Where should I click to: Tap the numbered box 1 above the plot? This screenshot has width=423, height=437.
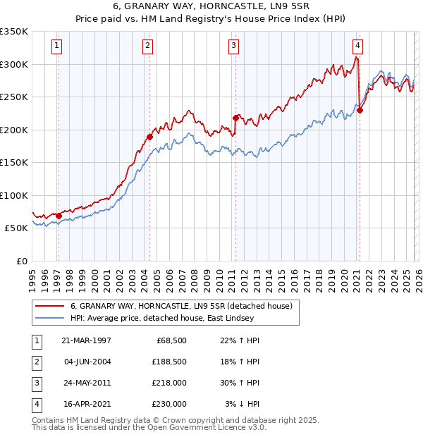pos(56,47)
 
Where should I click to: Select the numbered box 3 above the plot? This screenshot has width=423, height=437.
pos(233,47)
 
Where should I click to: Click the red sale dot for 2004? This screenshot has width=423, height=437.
pos(149,137)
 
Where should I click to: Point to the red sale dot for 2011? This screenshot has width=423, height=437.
pos(235,118)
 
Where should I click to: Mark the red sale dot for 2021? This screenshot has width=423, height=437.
pos(360,110)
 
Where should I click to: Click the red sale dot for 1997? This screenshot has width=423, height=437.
pos(59,216)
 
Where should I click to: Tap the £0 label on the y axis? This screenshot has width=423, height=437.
pos(21,261)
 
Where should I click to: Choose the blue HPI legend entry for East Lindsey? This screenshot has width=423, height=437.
pos(176,319)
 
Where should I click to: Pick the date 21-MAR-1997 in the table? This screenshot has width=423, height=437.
pos(86,340)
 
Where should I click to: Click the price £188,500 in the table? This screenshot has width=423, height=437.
pos(169,362)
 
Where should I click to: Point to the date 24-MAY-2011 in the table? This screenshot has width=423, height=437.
pos(86,383)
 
